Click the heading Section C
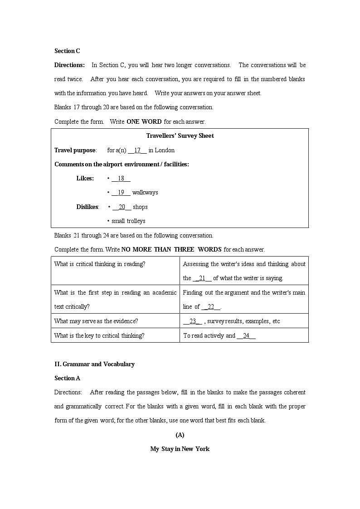tap(67, 51)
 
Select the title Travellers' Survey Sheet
tap(180, 136)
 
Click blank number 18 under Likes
tap(121, 178)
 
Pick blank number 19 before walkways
tap(121, 192)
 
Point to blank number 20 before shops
tap(122, 207)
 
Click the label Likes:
tap(85, 178)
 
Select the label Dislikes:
tap(88, 207)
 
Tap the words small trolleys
tap(128, 221)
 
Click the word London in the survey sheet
tap(165, 150)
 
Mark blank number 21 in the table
tap(202, 278)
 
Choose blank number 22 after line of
tap(211, 306)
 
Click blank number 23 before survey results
tap(193, 321)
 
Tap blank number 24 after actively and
tap(246, 335)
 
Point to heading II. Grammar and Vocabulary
tap(94, 364)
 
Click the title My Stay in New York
tap(180, 449)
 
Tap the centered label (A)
tap(180, 435)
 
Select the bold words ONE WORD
tap(144, 121)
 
